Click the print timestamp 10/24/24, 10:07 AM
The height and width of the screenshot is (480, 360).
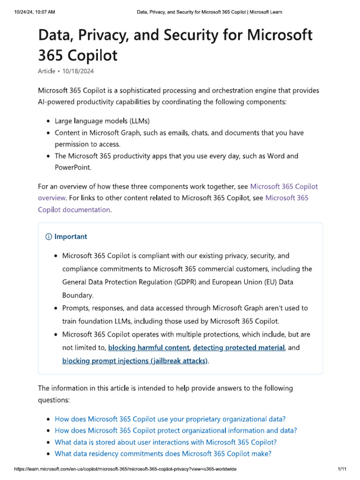(29, 11)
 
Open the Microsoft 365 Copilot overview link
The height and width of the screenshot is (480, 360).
(178, 192)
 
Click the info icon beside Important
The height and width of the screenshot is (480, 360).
(49, 237)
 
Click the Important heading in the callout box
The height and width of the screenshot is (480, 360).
(71, 237)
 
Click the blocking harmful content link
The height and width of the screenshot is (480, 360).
(149, 348)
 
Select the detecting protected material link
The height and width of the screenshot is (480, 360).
(239, 348)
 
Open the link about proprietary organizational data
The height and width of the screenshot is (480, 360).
(170, 419)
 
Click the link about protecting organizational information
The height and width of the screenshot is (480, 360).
(176, 430)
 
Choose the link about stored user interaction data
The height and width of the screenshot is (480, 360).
(165, 442)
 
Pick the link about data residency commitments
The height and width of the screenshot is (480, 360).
(163, 453)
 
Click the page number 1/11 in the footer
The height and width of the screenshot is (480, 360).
(341, 469)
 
